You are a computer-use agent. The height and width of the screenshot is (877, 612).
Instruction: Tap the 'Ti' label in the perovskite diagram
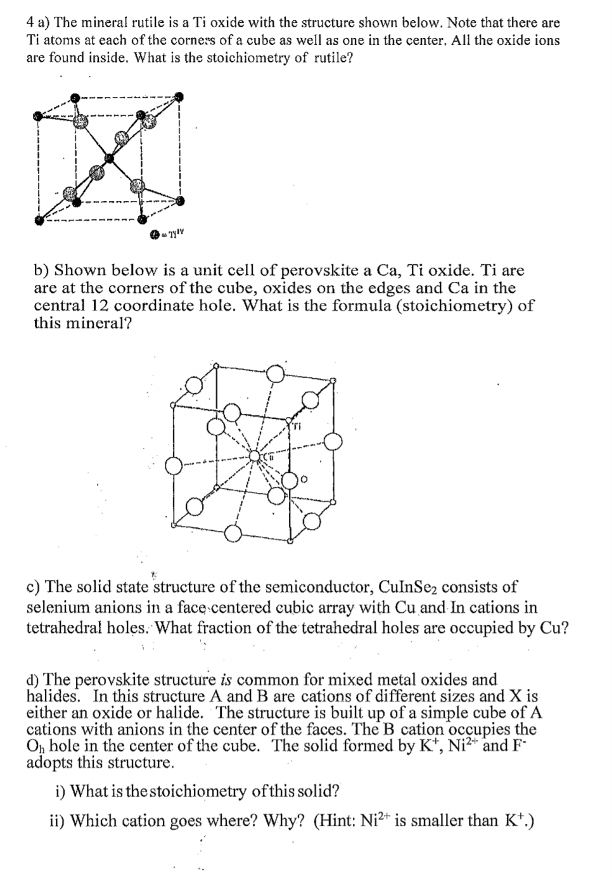click(x=295, y=426)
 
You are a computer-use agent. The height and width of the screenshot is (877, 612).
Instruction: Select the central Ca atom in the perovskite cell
click(x=255, y=456)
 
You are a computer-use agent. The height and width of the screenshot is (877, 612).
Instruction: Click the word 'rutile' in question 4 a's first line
click(x=127, y=23)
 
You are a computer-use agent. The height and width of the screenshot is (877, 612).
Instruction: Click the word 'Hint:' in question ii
click(x=336, y=821)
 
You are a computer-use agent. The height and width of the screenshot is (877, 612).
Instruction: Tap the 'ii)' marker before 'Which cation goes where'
click(x=58, y=821)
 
